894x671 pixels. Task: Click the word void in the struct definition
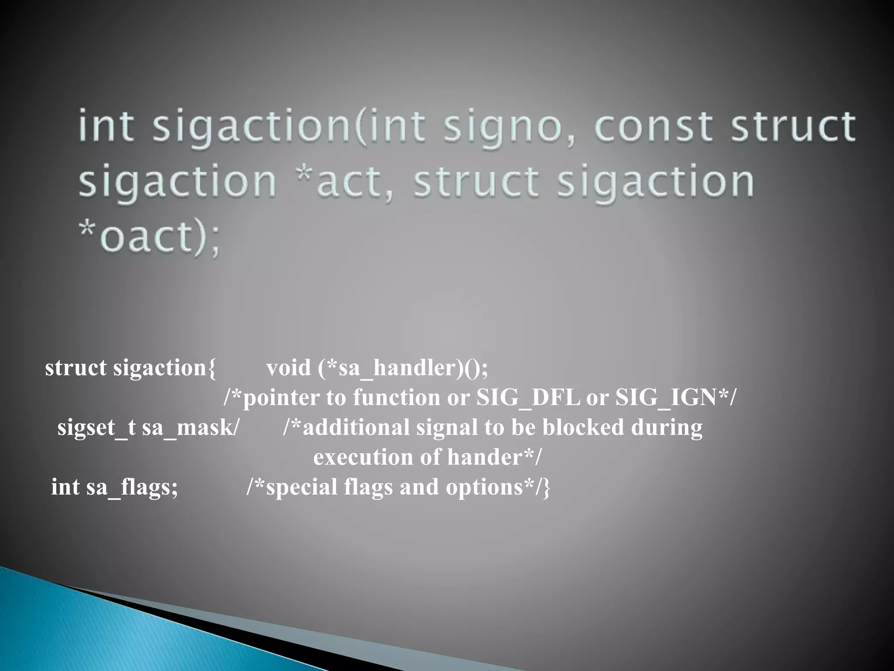coord(289,368)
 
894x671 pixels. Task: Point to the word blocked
coord(583,427)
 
